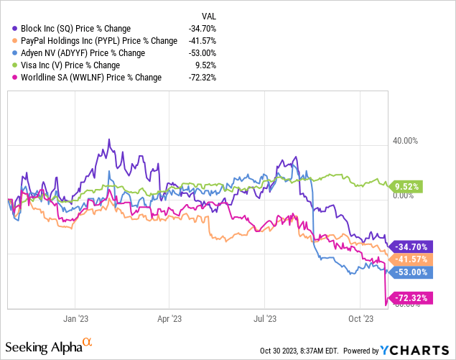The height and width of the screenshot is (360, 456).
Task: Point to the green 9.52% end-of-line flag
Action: pos(410,187)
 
